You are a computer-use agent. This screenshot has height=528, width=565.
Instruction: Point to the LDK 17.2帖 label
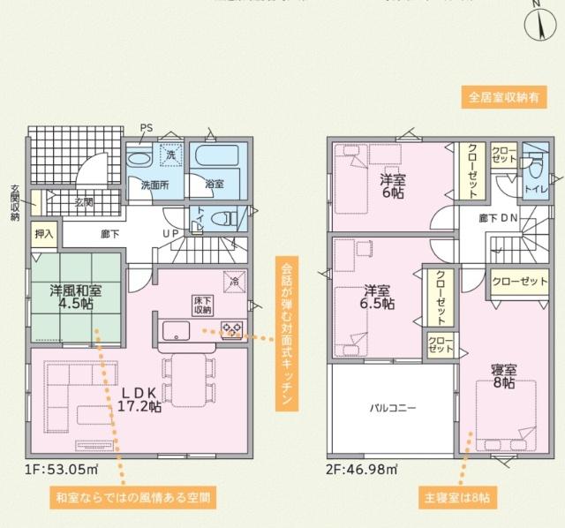point(139,399)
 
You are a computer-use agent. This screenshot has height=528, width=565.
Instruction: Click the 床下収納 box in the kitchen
point(202,304)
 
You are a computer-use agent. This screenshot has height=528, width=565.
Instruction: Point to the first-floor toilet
point(227,217)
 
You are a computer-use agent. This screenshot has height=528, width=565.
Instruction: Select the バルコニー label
point(393,409)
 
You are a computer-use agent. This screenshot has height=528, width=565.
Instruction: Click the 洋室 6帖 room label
point(393,187)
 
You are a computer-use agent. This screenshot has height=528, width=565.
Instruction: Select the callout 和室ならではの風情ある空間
point(132,496)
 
